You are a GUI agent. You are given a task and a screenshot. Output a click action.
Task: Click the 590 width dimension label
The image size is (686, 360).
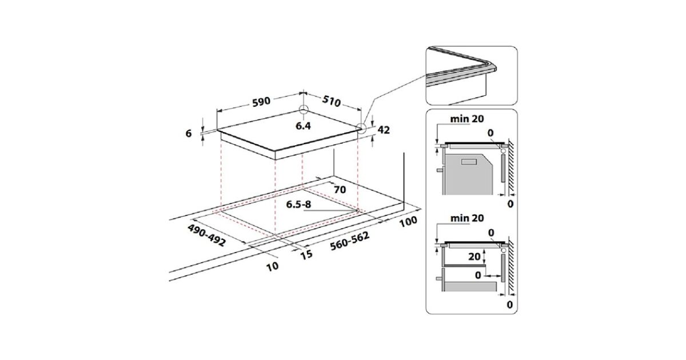(x=261, y=101)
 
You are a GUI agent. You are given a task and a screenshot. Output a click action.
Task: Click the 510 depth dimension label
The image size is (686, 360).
(x=332, y=101)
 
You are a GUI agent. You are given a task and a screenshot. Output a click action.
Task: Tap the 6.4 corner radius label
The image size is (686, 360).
(x=303, y=126)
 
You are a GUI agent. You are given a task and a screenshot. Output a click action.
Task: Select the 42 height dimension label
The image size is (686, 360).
(x=384, y=130)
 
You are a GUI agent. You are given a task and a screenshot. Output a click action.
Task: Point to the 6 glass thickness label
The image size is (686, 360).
(x=189, y=133)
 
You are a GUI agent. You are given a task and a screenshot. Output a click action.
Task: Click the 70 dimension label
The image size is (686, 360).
(x=340, y=190)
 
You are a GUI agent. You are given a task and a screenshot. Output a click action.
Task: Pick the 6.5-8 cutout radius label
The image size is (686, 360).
(x=298, y=204)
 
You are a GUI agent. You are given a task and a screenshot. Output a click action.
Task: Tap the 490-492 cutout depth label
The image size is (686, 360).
(x=207, y=235)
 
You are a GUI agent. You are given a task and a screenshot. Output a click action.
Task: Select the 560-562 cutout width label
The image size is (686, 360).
(x=350, y=241)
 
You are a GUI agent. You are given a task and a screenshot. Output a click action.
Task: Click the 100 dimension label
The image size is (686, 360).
(x=408, y=221)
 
